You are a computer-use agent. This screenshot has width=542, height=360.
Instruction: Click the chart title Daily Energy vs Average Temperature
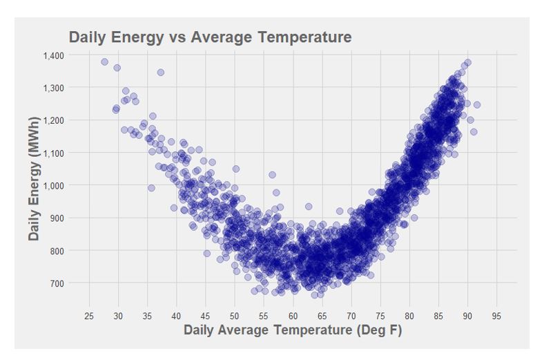pos(210,37)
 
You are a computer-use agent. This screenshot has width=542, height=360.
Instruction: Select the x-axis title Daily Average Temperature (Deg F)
pos(293,330)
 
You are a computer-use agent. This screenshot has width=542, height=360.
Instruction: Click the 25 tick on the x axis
pos(89,316)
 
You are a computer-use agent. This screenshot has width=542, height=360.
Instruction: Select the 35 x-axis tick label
pos(147,316)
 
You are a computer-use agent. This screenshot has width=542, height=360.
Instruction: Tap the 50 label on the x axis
pos(235,316)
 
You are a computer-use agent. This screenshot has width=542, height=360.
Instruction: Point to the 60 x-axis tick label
pos(293,316)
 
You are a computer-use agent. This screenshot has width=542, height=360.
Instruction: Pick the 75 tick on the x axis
pos(380,316)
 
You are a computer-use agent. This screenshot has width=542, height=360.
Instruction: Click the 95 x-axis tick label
pos(496,316)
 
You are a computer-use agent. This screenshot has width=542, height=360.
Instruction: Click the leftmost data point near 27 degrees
pos(104,61)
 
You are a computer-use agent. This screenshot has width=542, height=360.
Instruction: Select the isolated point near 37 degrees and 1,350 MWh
pos(161,72)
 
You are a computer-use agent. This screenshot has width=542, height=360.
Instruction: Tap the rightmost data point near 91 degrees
pos(476,105)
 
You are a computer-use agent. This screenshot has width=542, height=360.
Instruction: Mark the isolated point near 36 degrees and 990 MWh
pos(151,188)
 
